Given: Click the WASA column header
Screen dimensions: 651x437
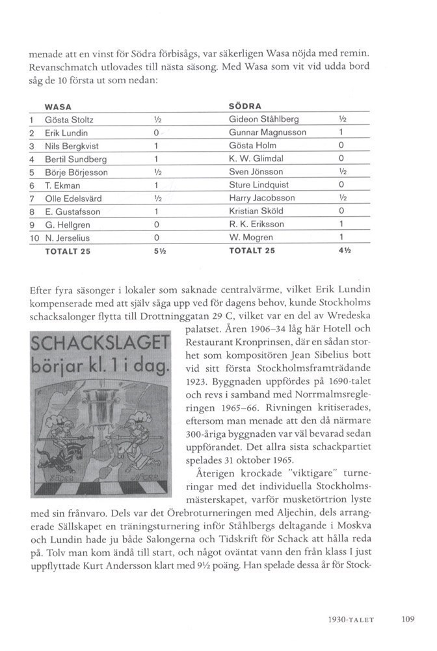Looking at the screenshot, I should pyautogui.click(x=57, y=105).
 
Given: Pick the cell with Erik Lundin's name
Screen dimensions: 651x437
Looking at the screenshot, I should pyautogui.click(x=62, y=133).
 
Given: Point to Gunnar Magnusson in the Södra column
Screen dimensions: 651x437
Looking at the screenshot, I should pyautogui.click(x=267, y=133).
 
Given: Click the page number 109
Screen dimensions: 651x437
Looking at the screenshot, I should pyautogui.click(x=408, y=619).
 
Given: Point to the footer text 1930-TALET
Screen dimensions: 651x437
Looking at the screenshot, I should pyautogui.click(x=352, y=619).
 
